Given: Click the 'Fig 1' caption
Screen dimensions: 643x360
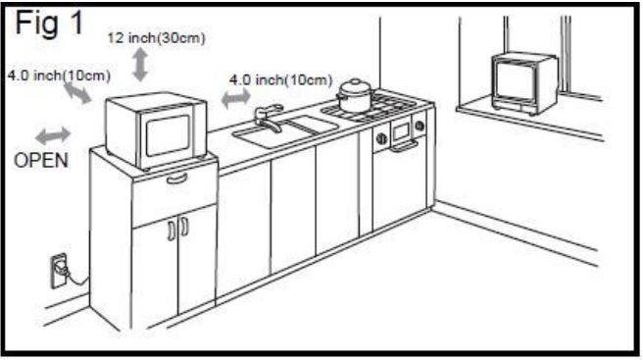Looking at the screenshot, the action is click(47, 24).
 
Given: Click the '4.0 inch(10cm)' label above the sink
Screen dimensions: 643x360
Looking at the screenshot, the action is click(280, 79).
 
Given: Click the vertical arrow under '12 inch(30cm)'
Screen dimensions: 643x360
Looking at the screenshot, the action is click(141, 64).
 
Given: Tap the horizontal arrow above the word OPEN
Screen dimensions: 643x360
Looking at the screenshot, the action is click(52, 132).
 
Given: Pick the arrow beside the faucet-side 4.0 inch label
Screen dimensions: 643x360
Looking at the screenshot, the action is click(235, 98).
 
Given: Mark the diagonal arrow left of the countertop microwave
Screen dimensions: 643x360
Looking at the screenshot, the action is click(77, 94).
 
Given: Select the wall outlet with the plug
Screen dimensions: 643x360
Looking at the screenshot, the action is click(58, 267).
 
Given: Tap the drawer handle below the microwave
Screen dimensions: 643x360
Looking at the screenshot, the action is click(176, 178).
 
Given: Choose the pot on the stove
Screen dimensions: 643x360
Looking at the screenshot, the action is click(354, 96).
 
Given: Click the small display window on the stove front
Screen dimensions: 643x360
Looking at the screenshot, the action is click(401, 130).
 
